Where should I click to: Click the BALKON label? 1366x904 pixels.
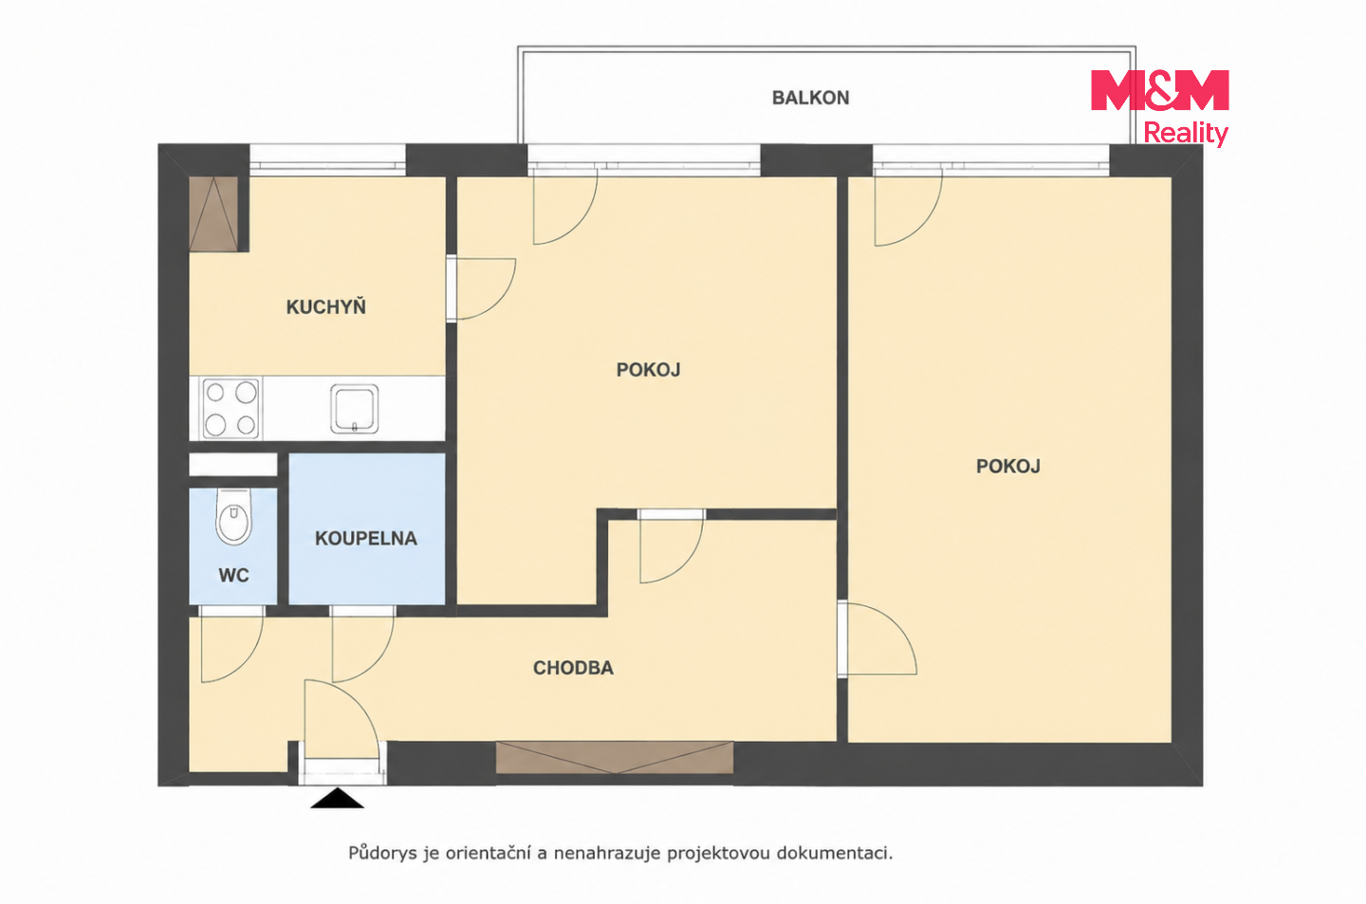810,99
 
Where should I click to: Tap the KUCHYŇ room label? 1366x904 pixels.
326,306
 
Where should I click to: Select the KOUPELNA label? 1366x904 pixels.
366,539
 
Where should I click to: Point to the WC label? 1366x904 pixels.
233,575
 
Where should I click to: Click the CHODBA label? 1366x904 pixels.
573,668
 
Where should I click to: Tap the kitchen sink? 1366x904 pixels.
355,408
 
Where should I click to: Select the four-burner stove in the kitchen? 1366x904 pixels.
231,408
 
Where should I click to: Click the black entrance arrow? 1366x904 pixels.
338,799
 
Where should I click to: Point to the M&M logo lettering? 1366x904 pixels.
1160,90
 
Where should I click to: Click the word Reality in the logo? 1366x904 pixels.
1186,134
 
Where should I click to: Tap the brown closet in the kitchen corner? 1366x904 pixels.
213,214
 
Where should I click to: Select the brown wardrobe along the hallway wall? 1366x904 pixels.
615,758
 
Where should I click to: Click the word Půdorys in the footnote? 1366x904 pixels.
383,853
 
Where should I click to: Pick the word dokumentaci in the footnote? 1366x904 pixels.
834,853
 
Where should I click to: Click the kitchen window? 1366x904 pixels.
328,160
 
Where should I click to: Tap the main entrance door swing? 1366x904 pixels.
341,720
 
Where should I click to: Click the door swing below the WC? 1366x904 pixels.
231,648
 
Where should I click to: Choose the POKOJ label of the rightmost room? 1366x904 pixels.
1008,467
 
